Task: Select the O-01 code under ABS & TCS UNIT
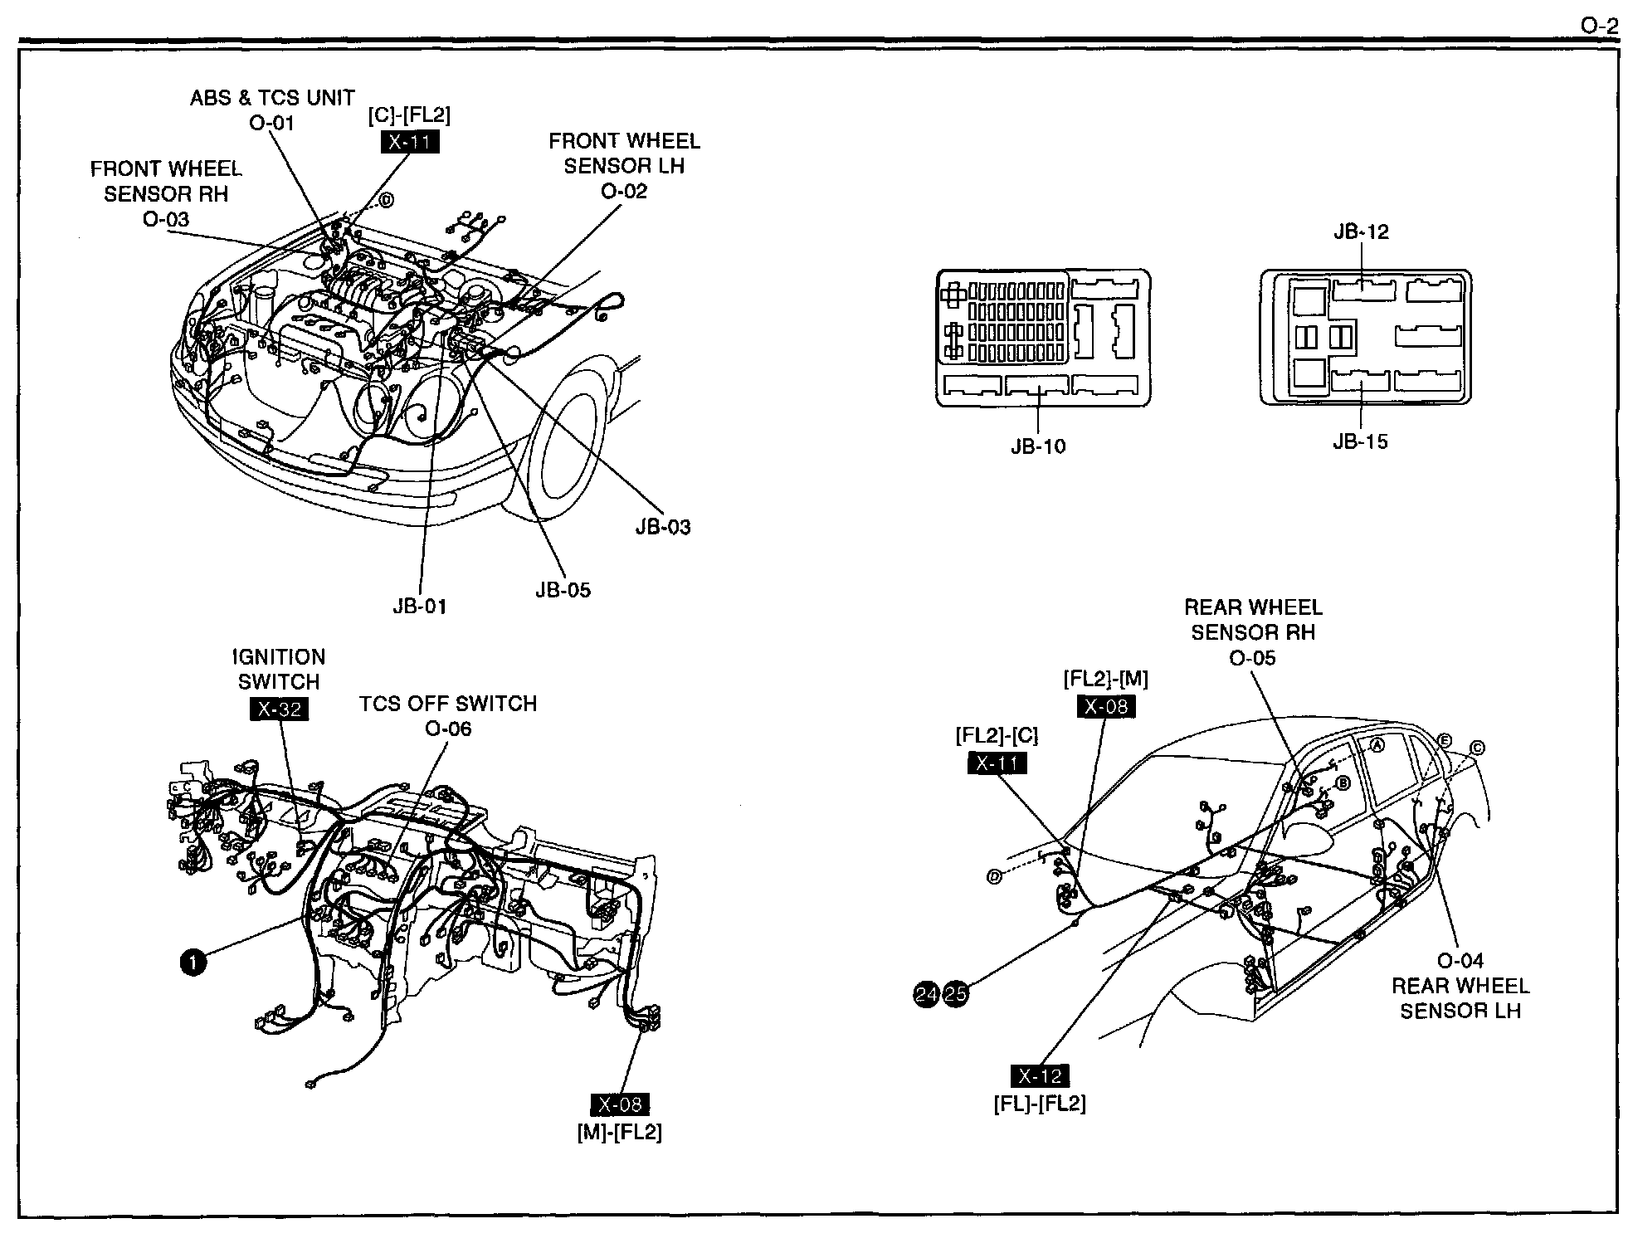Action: pos(271,123)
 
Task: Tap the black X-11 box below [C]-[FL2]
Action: pos(409,142)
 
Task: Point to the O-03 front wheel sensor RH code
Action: pos(165,220)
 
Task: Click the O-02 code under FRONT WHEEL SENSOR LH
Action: pos(624,191)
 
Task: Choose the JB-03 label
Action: pos(663,528)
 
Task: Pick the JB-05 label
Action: pos(563,590)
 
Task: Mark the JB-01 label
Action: pos(420,607)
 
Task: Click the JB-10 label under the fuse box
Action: pos(1038,446)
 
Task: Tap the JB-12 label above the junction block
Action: pos(1361,232)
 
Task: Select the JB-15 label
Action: pos(1360,441)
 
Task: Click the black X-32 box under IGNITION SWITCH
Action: pos(279,709)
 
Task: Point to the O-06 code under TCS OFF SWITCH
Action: pos(448,729)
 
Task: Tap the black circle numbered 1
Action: pos(193,963)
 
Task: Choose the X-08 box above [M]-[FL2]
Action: pos(620,1104)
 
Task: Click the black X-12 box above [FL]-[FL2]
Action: pos(1040,1076)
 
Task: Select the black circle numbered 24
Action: pos(927,993)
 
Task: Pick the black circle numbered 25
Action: pos(956,993)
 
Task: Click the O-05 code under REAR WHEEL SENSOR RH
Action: pos(1252,658)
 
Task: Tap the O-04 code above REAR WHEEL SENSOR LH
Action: pos(1460,961)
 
